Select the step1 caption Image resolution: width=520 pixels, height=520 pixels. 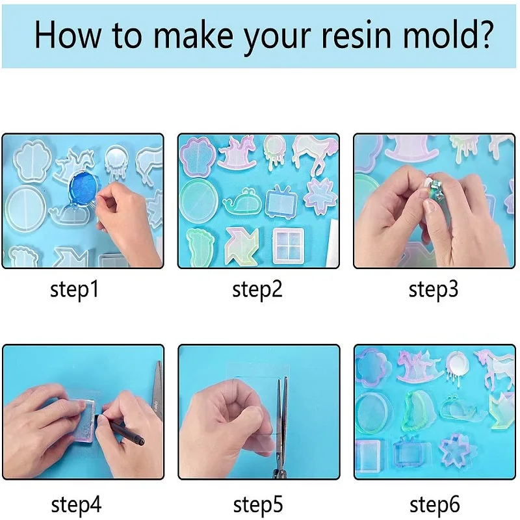click(75, 290)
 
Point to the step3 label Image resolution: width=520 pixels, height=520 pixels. click(434, 290)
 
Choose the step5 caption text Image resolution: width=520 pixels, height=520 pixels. click(258, 504)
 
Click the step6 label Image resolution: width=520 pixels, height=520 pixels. click(434, 504)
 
